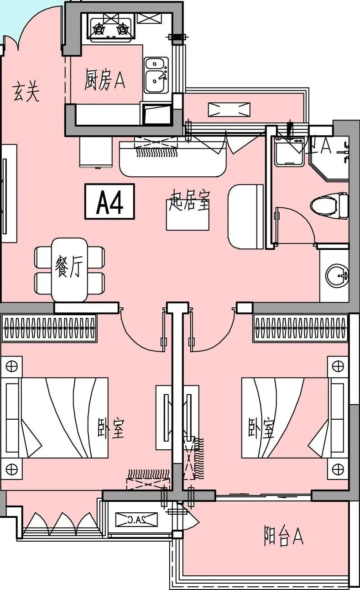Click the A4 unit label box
pyautogui.click(x=110, y=201)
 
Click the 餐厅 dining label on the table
pyautogui.click(x=68, y=268)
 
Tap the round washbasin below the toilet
pyautogui.click(x=337, y=276)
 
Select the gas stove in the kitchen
pyautogui.click(x=110, y=28)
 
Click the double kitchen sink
pyautogui.click(x=156, y=75)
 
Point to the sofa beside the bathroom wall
pyautogui.click(x=246, y=216)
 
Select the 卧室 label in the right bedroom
pyautogui.click(x=261, y=427)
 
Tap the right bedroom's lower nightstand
pyautogui.click(x=338, y=469)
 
